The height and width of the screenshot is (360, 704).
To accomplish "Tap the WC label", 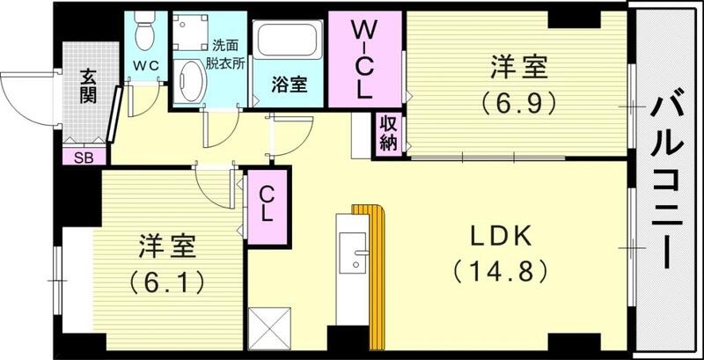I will coord(145,65).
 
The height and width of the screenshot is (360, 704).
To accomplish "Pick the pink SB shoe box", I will coord(84,157).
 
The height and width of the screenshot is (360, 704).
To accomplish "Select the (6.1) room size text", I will coord(167,281).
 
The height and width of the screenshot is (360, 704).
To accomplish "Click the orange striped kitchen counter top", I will coord(377,273).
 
